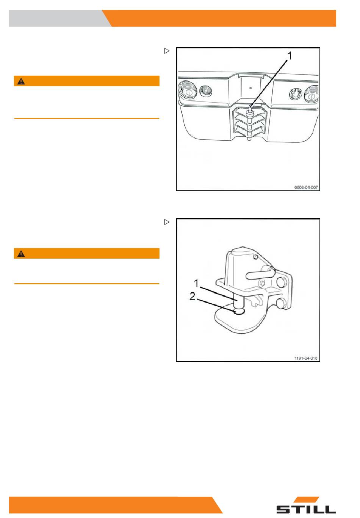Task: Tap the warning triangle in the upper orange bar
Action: pos(21,81)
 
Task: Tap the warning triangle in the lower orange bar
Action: pos(21,254)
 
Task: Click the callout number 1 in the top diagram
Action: pos(289,56)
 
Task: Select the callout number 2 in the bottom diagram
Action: pos(192,296)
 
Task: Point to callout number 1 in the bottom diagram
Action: pos(196,283)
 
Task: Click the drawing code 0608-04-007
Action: pos(306,187)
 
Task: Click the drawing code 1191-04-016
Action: pos(306,358)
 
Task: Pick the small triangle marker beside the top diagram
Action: pos(167,51)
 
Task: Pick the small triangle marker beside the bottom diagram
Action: pos(167,222)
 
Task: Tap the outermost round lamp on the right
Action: pos(311,94)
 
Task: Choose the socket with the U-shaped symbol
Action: pos(295,94)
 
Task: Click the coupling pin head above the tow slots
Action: pos(250,112)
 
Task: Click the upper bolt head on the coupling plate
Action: pos(282,282)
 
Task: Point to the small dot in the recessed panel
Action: pos(250,87)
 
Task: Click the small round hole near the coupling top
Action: pos(255,257)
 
